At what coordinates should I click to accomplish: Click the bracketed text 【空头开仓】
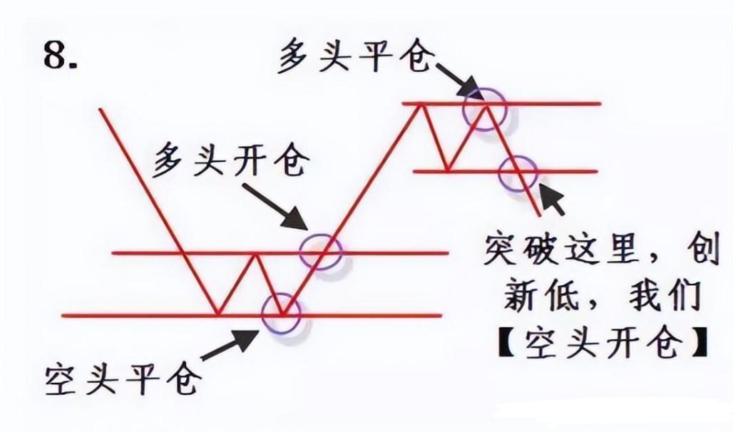[603, 344]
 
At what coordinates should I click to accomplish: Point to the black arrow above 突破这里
[552, 199]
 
